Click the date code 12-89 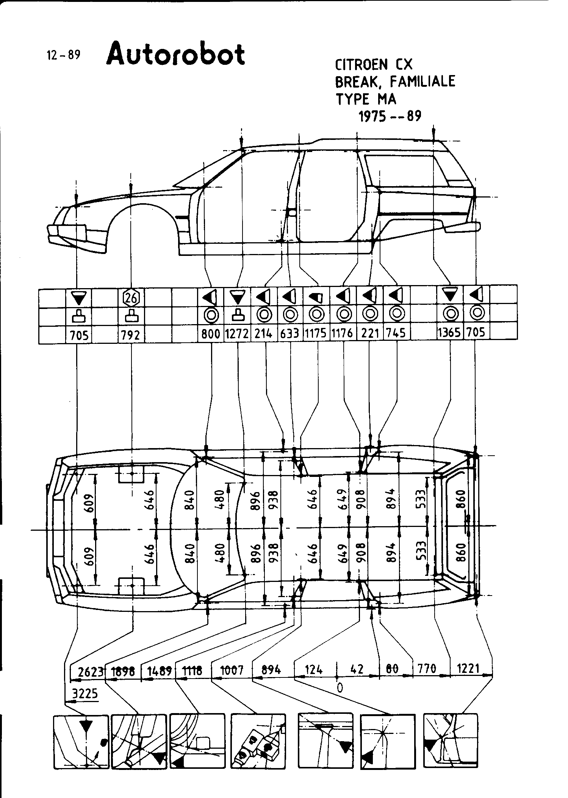[64, 55]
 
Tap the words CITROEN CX [373, 65]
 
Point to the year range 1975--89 [390, 116]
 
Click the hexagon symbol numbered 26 [131, 298]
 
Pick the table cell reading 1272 [237, 334]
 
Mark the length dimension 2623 [91, 671]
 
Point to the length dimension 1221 [468, 668]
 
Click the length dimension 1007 [232, 670]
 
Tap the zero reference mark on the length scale [340, 687]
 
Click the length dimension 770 [427, 668]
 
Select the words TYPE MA [366, 99]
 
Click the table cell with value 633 [290, 334]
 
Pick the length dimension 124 [313, 669]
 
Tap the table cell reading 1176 [343, 333]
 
